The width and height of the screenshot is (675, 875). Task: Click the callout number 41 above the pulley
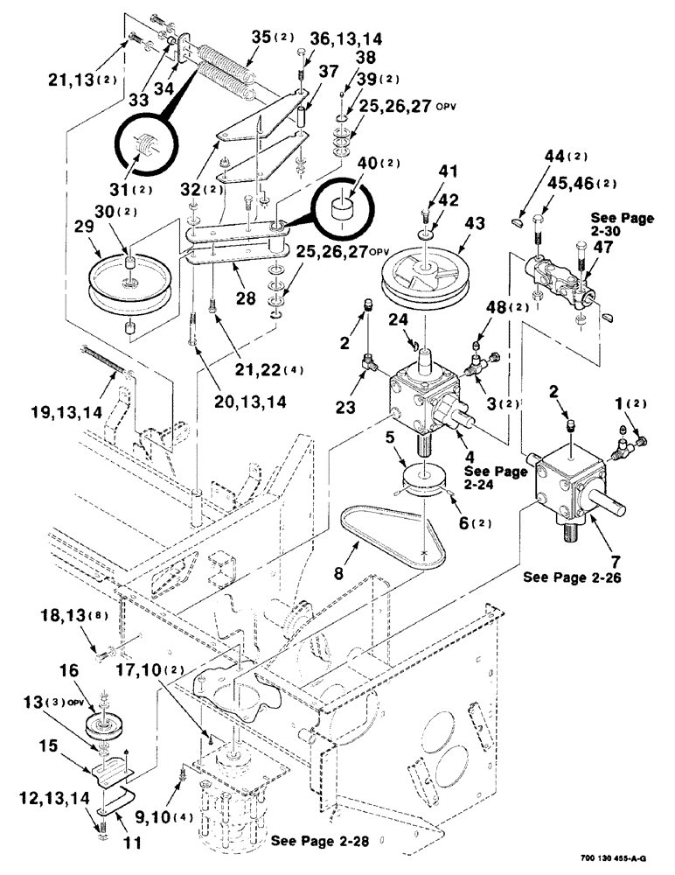pyautogui.click(x=424, y=171)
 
